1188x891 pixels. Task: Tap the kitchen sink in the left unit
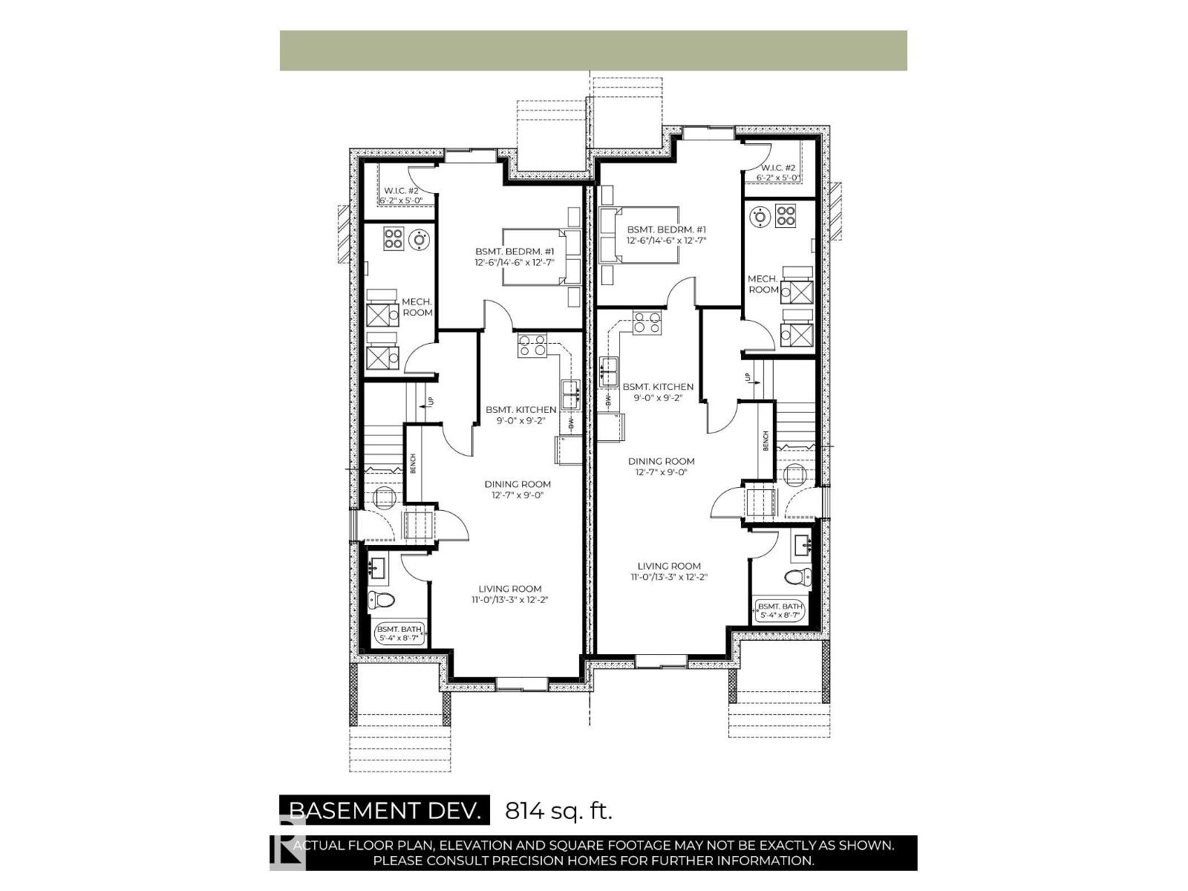[571, 394]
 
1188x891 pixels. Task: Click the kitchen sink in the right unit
[610, 371]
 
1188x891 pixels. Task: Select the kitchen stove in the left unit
[532, 345]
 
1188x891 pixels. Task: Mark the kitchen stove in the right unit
[646, 323]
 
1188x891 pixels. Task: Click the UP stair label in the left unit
[430, 402]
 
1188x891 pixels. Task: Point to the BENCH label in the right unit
[766, 440]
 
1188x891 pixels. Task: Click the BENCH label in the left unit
[413, 463]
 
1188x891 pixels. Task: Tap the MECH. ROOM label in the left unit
[417, 307]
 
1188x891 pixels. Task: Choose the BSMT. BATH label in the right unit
[778, 610]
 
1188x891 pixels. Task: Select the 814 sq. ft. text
[558, 810]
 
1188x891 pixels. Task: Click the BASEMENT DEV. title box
[385, 810]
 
